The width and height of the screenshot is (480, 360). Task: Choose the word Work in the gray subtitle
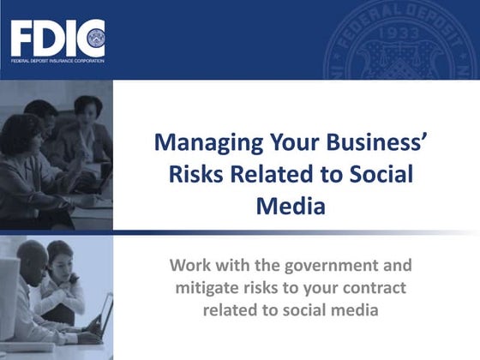190,264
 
